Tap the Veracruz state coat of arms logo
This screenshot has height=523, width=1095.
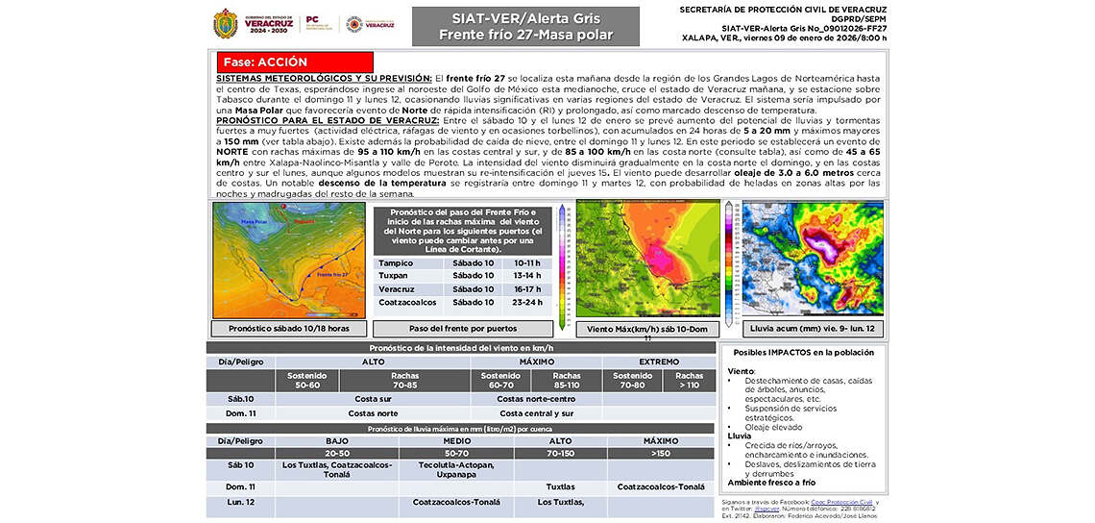(226, 23)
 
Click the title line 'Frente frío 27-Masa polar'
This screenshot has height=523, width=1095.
(525, 36)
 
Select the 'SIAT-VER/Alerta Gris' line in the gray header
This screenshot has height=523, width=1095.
(525, 18)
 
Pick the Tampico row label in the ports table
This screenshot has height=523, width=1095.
(396, 262)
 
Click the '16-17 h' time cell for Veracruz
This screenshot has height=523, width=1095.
(527, 288)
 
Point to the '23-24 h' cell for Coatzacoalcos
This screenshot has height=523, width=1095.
(527, 302)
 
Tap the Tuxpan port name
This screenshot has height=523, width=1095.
(394, 275)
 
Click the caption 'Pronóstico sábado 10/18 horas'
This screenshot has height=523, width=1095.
(287, 328)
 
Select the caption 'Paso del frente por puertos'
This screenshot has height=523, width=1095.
(463, 328)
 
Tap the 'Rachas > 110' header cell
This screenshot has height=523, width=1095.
(689, 381)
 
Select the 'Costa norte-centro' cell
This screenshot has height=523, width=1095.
(536, 398)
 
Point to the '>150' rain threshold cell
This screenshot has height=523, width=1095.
(661, 453)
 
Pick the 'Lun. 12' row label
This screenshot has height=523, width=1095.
(240, 502)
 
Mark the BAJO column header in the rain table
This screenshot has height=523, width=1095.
(336, 441)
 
